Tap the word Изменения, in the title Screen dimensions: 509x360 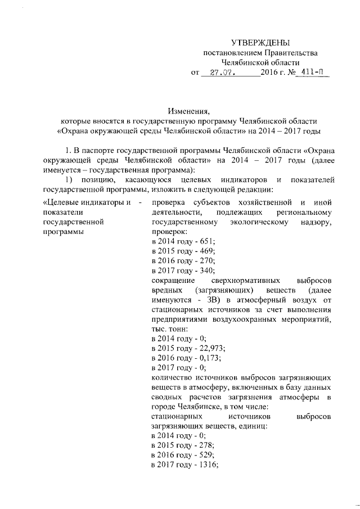tap(188, 110)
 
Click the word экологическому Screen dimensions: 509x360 tap(262, 222)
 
